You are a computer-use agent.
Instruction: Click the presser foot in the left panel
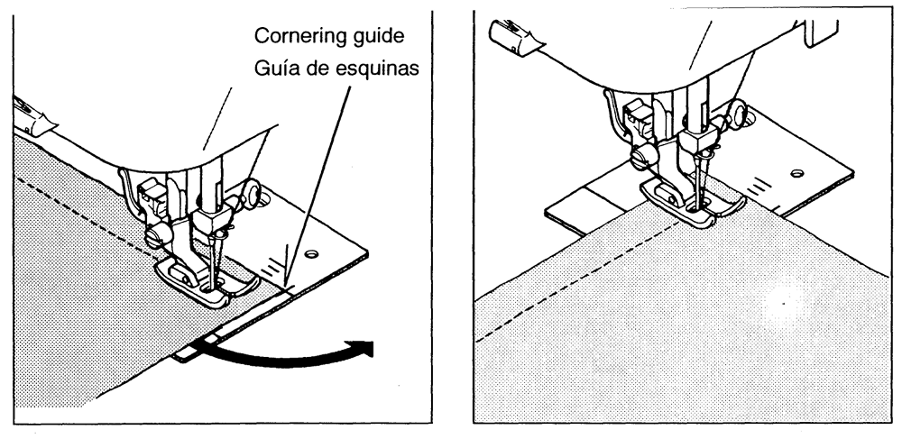207,281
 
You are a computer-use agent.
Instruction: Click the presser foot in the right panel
693,200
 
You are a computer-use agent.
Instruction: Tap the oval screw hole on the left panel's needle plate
311,253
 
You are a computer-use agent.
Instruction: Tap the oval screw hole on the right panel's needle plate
796,173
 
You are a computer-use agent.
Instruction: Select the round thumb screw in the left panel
252,194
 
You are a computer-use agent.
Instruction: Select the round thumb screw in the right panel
737,114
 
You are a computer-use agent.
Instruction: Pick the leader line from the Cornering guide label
318,184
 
